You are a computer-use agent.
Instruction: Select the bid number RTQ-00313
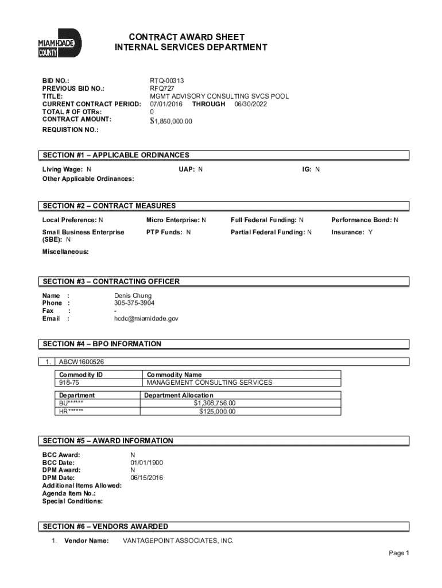pos(167,81)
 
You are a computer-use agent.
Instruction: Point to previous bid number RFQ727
pos(162,89)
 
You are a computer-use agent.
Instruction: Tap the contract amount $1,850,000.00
pos(171,121)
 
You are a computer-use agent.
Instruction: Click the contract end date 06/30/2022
pos(251,104)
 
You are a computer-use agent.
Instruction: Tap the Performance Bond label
pos(361,220)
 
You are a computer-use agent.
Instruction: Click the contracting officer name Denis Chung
pos(133,296)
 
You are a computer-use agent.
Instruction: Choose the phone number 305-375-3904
pos(134,303)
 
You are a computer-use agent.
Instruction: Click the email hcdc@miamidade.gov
pos(146,318)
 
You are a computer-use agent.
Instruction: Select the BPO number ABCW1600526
pos(82,362)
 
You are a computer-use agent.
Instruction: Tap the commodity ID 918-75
pos(68,382)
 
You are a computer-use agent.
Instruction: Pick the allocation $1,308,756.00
pos(214,403)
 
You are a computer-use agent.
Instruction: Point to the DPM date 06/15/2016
pos(146,478)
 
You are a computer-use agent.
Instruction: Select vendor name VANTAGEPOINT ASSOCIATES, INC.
pos(179,541)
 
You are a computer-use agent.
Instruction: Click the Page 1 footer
pos(398,554)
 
